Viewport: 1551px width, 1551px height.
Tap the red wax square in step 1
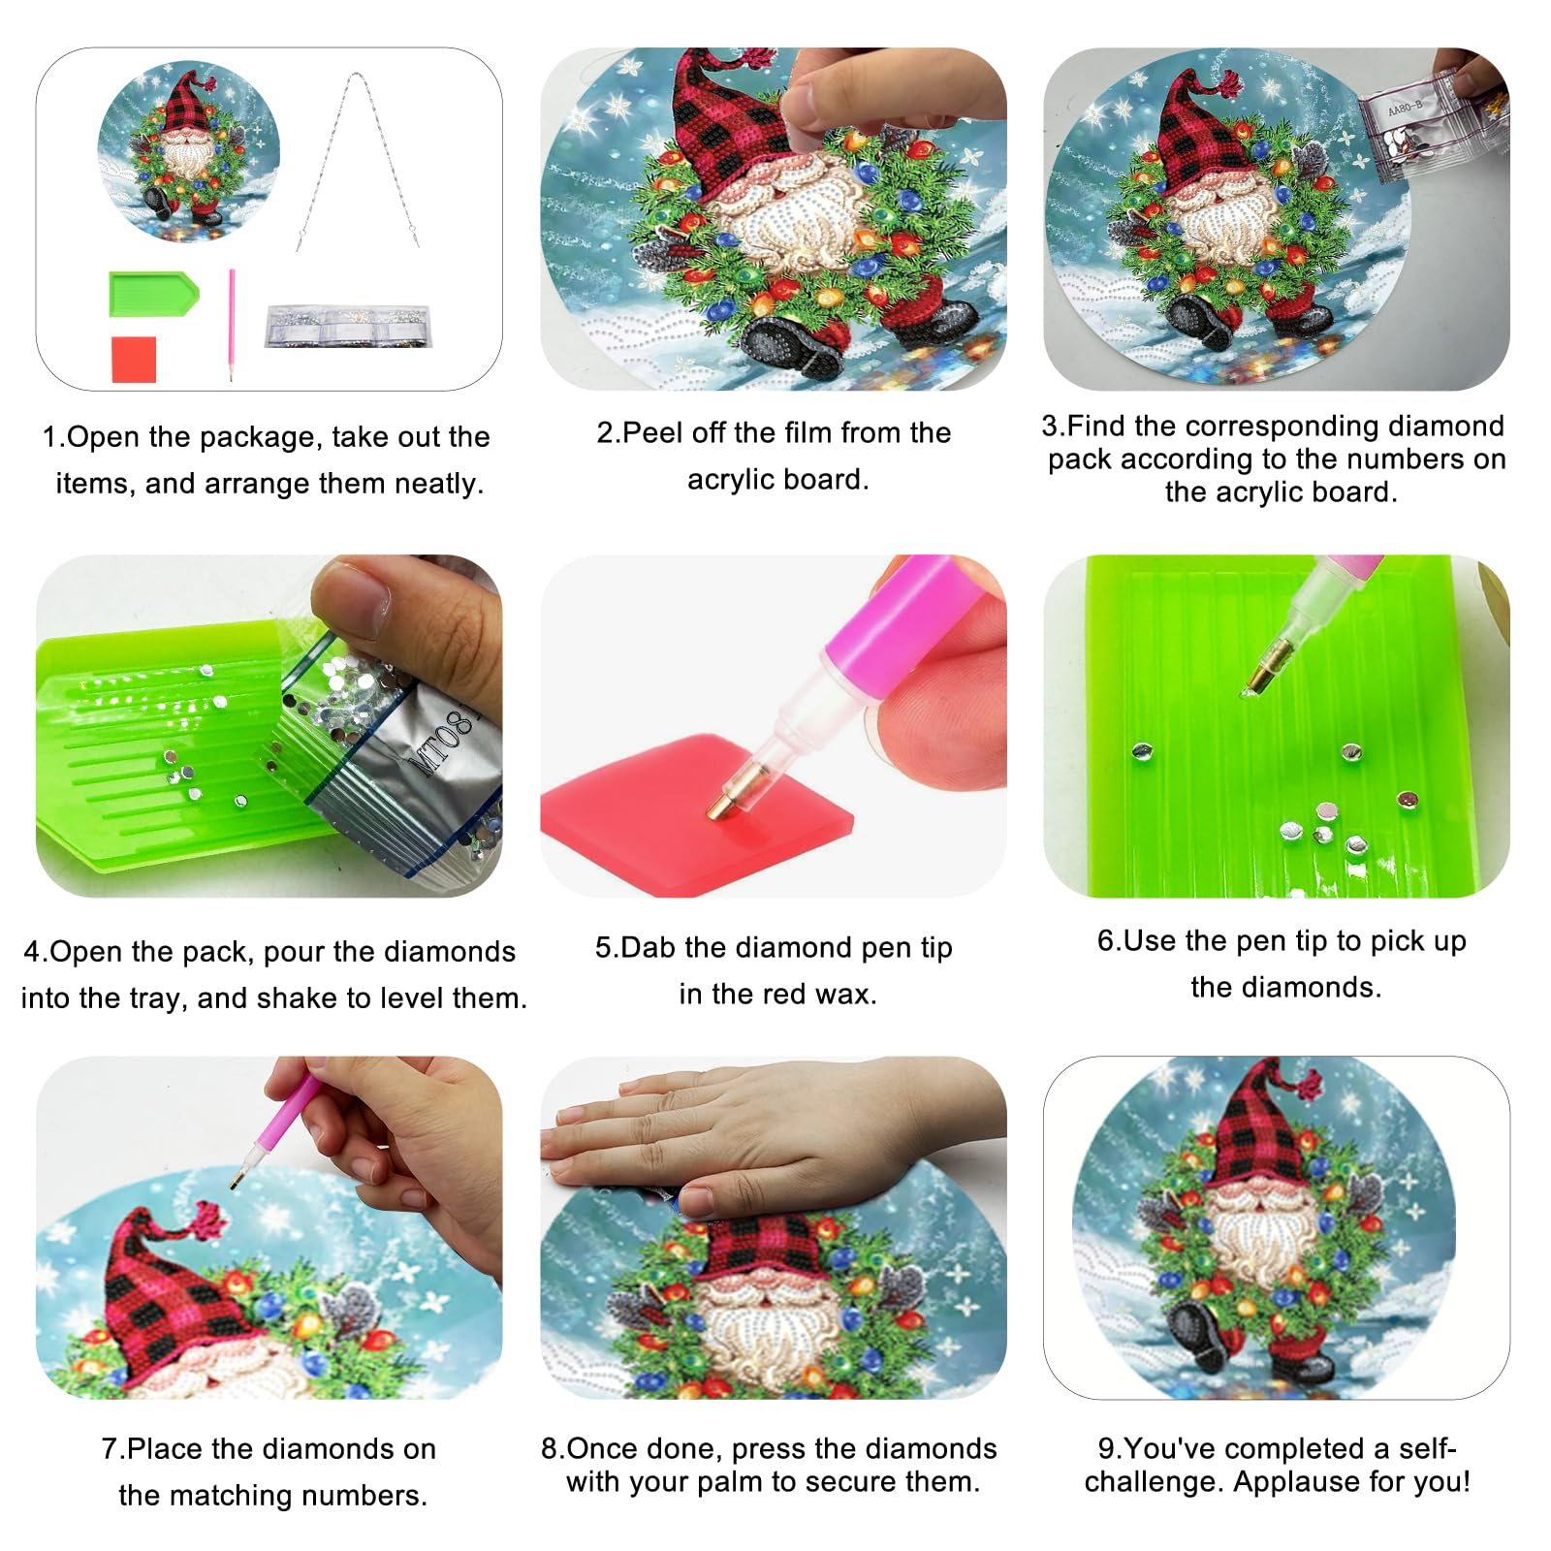[x=134, y=359]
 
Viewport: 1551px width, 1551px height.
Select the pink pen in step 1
[x=232, y=325]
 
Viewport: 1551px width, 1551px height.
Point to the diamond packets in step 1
[x=349, y=326]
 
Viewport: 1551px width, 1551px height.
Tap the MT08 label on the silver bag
[x=444, y=743]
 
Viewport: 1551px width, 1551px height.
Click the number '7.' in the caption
[x=113, y=1448]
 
